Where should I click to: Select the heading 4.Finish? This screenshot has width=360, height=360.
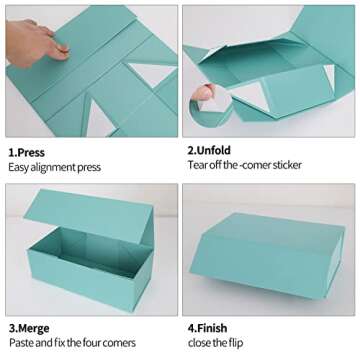point(208,326)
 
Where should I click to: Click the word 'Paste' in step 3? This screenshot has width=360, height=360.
point(20,342)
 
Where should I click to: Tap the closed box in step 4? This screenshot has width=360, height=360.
point(265,255)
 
